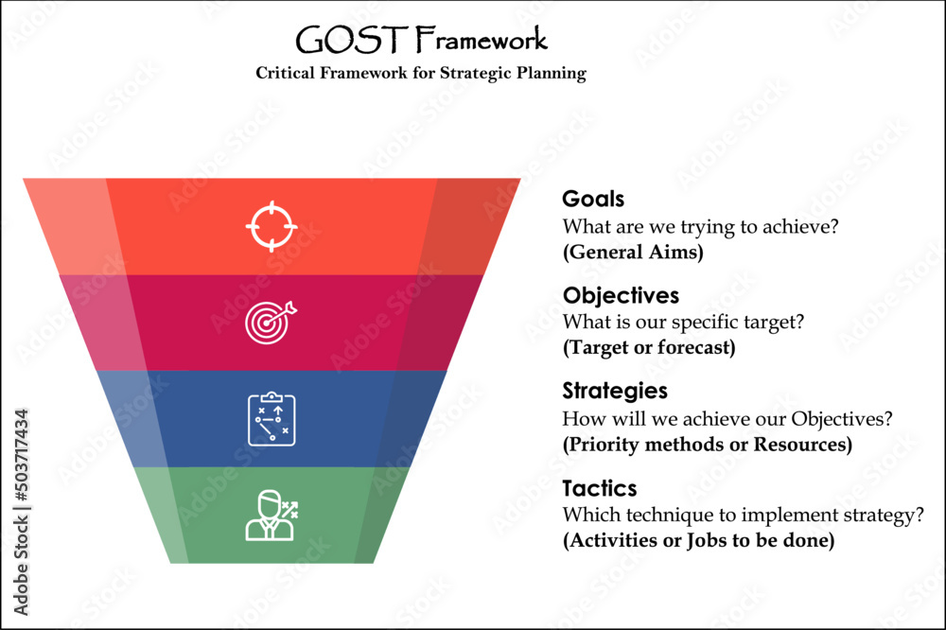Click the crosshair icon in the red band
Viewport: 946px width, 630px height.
272,226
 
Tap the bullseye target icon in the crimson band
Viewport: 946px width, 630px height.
271,322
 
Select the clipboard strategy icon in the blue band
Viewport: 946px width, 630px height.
272,419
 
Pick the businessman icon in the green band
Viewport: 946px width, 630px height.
272,516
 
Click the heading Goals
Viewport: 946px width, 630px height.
593,200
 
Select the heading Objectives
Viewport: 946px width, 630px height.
621,295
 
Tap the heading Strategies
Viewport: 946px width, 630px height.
615,391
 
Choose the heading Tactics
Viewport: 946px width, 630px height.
600,488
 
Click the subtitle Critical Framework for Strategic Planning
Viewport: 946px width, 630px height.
421,74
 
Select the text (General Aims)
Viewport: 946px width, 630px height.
633,253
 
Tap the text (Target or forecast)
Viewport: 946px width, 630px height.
648,347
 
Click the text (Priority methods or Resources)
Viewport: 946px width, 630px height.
707,444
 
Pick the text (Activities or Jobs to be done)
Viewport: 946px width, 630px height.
699,541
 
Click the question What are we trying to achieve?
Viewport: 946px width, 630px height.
701,227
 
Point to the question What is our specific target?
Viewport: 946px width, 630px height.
683,322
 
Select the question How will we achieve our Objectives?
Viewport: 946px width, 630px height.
728,418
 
